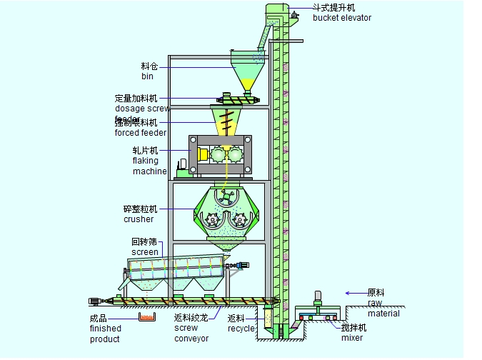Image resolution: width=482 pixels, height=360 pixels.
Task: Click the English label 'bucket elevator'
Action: tap(342, 18)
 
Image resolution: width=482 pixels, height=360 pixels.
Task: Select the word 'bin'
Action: tap(147, 76)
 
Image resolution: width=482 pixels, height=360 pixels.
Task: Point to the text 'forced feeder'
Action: tap(140, 132)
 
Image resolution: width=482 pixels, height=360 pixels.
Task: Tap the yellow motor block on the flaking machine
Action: tap(203, 154)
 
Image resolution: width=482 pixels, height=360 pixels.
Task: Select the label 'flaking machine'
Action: tap(149, 166)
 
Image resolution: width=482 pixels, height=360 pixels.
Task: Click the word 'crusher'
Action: tap(138, 219)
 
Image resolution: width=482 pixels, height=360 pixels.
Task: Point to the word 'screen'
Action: tap(145, 252)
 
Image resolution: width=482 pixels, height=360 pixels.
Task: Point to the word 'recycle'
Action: tap(241, 329)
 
